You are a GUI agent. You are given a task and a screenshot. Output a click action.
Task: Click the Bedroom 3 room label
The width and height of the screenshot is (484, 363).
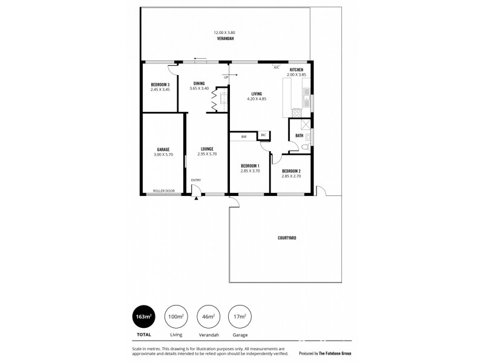point(160,84)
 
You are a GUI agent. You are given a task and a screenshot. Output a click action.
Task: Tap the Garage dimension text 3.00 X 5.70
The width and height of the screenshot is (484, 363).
point(163,154)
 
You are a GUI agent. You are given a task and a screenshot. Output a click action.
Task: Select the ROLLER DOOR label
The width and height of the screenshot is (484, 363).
point(163,191)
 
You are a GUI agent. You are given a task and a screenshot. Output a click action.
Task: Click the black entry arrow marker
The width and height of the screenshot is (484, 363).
point(197,198)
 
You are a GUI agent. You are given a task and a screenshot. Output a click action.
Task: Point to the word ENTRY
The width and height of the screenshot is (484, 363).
point(196,180)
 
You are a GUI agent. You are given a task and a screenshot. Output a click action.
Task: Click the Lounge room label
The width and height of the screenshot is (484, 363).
point(206,149)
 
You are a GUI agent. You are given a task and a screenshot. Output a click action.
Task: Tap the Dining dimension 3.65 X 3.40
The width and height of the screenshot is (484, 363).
point(199,88)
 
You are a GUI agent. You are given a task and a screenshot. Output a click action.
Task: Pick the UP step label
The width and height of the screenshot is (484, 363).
point(226,77)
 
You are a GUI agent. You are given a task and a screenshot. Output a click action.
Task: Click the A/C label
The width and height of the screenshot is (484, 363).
point(276,67)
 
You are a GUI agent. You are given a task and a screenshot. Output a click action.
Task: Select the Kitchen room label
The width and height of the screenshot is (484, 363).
point(296,70)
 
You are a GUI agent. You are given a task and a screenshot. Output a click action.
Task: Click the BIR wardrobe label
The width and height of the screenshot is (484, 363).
point(244,137)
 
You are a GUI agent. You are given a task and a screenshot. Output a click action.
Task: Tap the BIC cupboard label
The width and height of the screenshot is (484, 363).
point(263,134)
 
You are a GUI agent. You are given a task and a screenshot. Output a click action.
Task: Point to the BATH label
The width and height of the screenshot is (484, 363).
point(299,135)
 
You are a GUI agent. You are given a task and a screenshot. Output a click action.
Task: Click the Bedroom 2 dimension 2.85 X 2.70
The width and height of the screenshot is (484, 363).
point(291,176)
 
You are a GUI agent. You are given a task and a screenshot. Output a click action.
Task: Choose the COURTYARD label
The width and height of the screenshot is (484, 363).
point(287,238)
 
